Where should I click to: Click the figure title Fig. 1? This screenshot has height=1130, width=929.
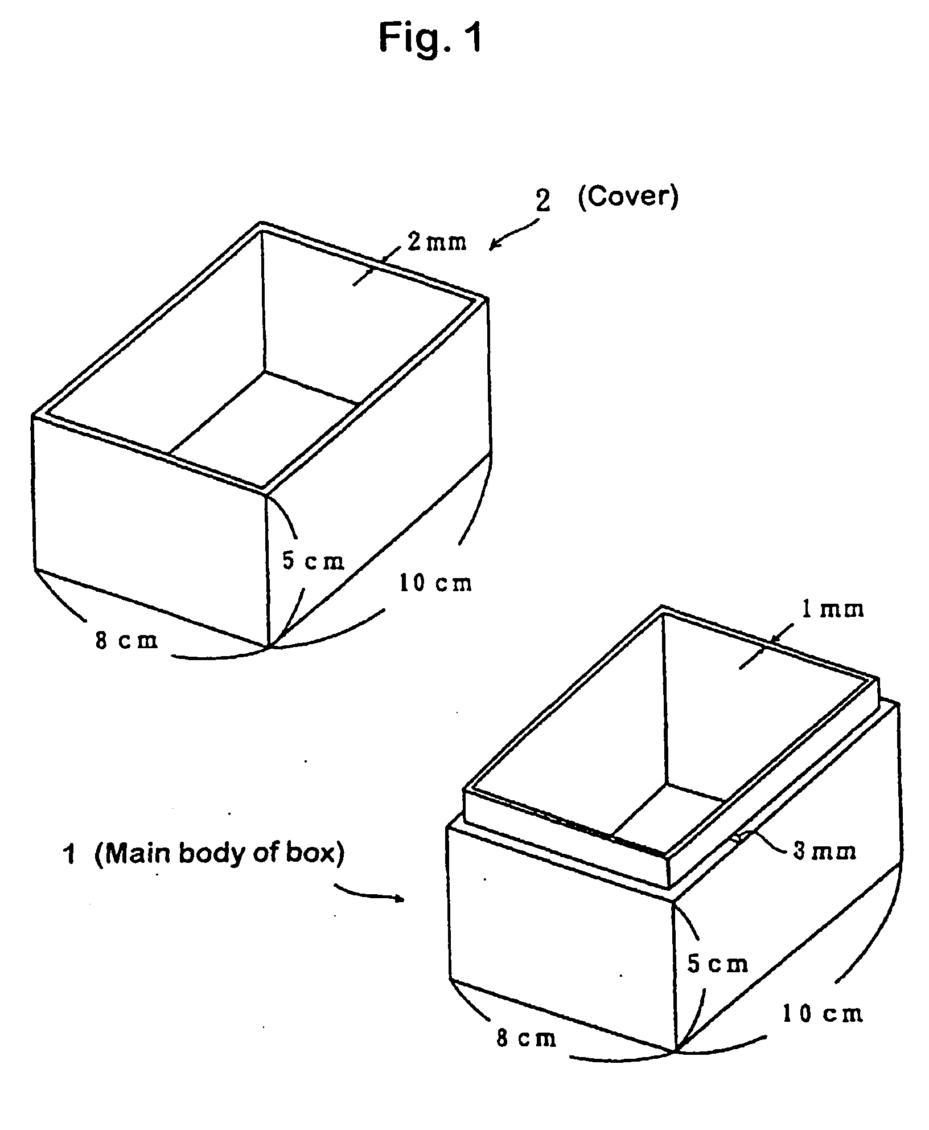tap(430, 39)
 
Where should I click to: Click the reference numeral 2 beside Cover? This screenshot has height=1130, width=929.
tap(544, 201)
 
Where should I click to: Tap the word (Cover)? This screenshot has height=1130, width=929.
tap(628, 196)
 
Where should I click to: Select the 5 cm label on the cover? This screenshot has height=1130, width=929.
tap(314, 561)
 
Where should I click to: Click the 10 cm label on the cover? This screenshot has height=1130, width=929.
tap(436, 583)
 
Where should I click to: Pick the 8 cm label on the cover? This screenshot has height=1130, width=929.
tap(126, 641)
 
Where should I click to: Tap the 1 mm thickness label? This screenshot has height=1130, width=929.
tap(832, 610)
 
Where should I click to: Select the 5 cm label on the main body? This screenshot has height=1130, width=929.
tap(718, 964)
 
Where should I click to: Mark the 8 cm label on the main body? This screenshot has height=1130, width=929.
tap(526, 1038)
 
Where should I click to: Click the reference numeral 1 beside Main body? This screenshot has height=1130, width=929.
tap(69, 855)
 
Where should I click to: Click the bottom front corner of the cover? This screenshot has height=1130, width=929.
tap(268, 647)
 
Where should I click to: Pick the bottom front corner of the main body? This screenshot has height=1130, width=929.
tap(676, 1050)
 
